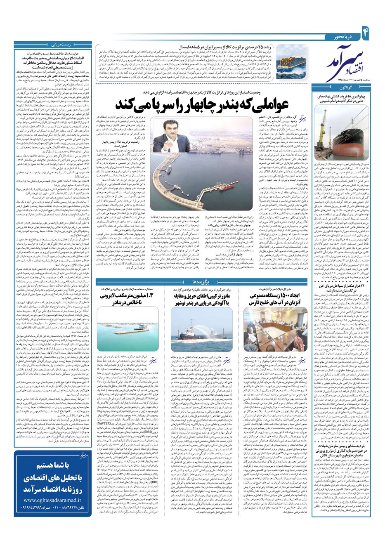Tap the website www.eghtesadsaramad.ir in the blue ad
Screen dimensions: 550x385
(53, 524)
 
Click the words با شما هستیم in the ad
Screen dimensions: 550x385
(53, 477)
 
